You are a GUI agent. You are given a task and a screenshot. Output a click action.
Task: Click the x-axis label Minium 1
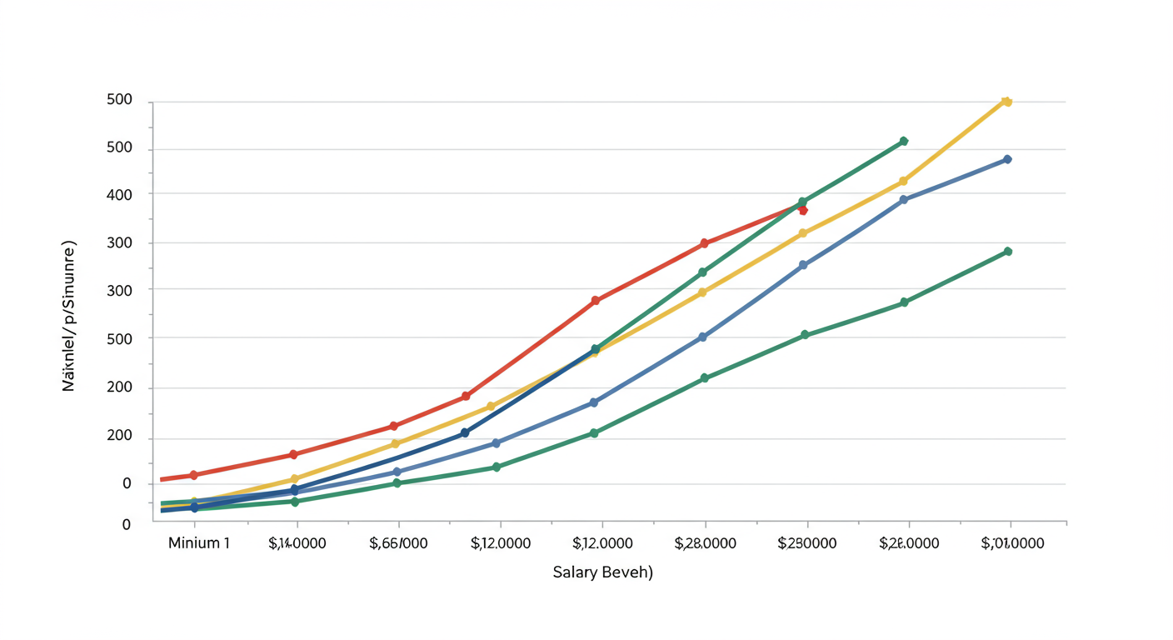tap(198, 543)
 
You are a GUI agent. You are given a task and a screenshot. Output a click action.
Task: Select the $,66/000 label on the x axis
tap(398, 543)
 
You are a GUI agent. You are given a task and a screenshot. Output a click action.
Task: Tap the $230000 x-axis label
tap(806, 543)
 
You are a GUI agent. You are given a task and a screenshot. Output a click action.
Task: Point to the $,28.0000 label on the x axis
tap(705, 543)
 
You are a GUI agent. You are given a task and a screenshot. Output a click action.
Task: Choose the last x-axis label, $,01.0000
tap(1012, 543)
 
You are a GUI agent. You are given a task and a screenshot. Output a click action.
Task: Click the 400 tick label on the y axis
tap(120, 194)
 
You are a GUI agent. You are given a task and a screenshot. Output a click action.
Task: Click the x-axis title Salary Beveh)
tap(603, 573)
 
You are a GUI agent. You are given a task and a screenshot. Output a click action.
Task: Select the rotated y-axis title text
tap(70, 317)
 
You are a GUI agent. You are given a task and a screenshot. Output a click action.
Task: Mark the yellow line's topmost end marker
tap(1006, 102)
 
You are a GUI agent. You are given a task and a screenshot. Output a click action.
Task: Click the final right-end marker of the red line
tap(803, 210)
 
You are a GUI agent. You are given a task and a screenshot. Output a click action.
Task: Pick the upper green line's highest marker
tap(904, 142)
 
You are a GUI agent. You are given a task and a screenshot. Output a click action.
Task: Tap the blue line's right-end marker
tap(1007, 159)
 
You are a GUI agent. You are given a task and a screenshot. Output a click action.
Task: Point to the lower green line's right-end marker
tap(1008, 251)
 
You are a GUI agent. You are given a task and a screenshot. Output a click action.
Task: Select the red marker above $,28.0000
tap(704, 243)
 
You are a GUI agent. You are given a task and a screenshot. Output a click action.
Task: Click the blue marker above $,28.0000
tap(702, 337)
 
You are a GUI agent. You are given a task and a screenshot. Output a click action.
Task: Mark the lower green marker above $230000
tap(805, 335)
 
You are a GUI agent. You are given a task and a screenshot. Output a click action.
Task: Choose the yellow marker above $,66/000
tap(396, 444)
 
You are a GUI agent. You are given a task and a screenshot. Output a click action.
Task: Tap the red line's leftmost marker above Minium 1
tap(194, 475)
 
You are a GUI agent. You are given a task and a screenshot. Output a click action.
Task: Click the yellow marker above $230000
tap(803, 233)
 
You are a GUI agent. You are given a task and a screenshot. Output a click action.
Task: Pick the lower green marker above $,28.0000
tap(705, 378)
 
